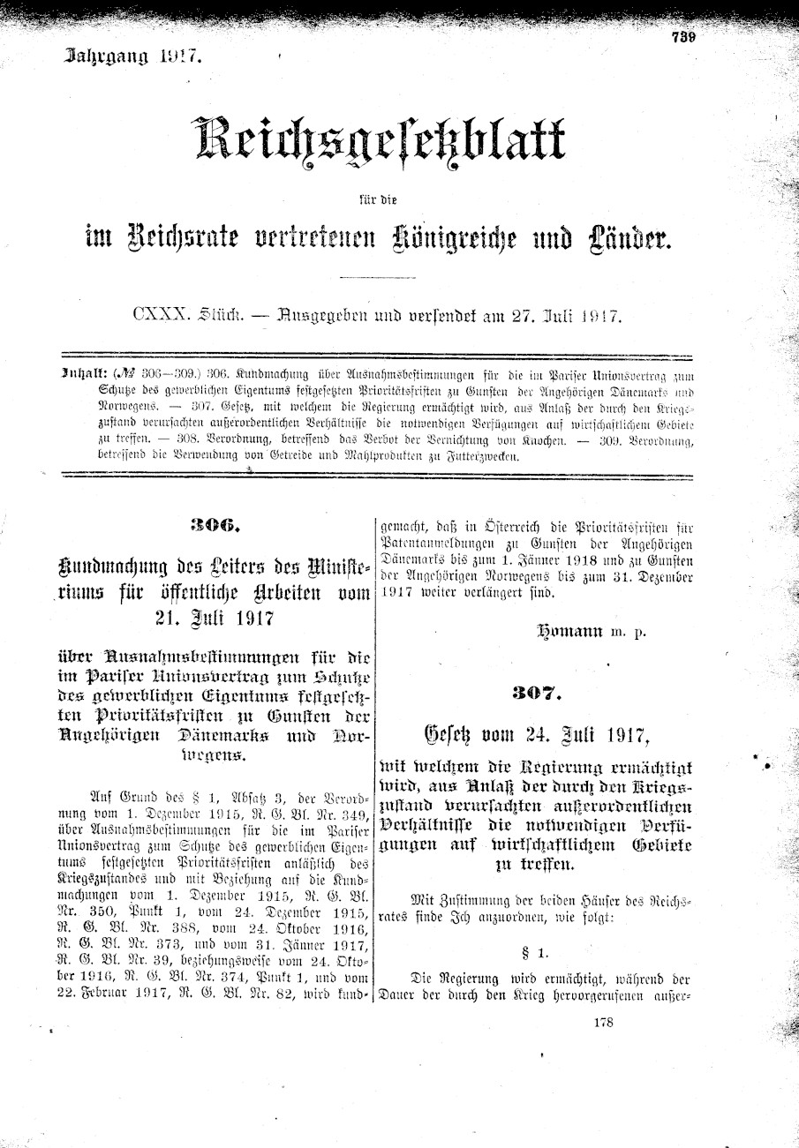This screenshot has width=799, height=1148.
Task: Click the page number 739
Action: click(682, 37)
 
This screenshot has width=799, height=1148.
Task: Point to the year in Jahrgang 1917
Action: click(181, 58)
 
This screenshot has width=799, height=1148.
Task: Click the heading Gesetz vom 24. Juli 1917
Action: click(536, 733)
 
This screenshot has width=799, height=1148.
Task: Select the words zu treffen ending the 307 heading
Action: click(535, 866)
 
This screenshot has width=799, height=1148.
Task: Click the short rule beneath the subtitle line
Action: click(377, 279)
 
